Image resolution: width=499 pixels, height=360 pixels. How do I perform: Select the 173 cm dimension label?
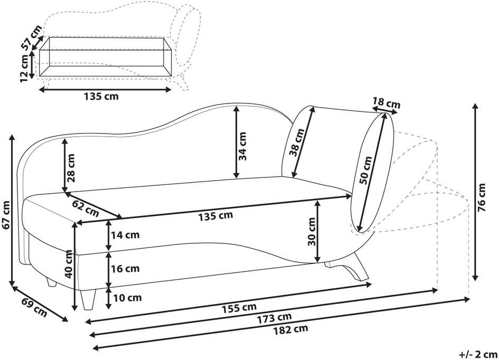coord(275,318)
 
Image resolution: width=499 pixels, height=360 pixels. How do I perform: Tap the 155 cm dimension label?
coord(239,307)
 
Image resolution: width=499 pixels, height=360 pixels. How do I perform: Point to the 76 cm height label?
coord(482,197)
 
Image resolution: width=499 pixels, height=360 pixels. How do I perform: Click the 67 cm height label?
coord(6,215)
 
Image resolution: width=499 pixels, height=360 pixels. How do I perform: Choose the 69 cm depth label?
coord(34,308)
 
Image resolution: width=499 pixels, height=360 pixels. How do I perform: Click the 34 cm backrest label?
coord(242,146)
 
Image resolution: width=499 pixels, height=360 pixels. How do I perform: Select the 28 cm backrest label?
coord(71,168)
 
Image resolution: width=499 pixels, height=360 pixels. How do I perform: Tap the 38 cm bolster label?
coord(297,142)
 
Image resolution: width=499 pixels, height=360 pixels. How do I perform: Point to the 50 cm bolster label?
coord(365,170)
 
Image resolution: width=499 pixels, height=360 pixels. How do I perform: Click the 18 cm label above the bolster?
coord(387,103)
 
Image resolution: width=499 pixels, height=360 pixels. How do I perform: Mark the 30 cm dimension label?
coord(312,232)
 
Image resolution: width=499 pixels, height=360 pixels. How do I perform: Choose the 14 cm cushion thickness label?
coord(125,235)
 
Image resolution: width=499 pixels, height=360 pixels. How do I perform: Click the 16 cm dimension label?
coord(125,269)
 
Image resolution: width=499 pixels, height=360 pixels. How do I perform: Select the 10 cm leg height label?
coord(127,298)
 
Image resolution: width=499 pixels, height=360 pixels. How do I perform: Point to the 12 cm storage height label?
coord(24,69)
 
